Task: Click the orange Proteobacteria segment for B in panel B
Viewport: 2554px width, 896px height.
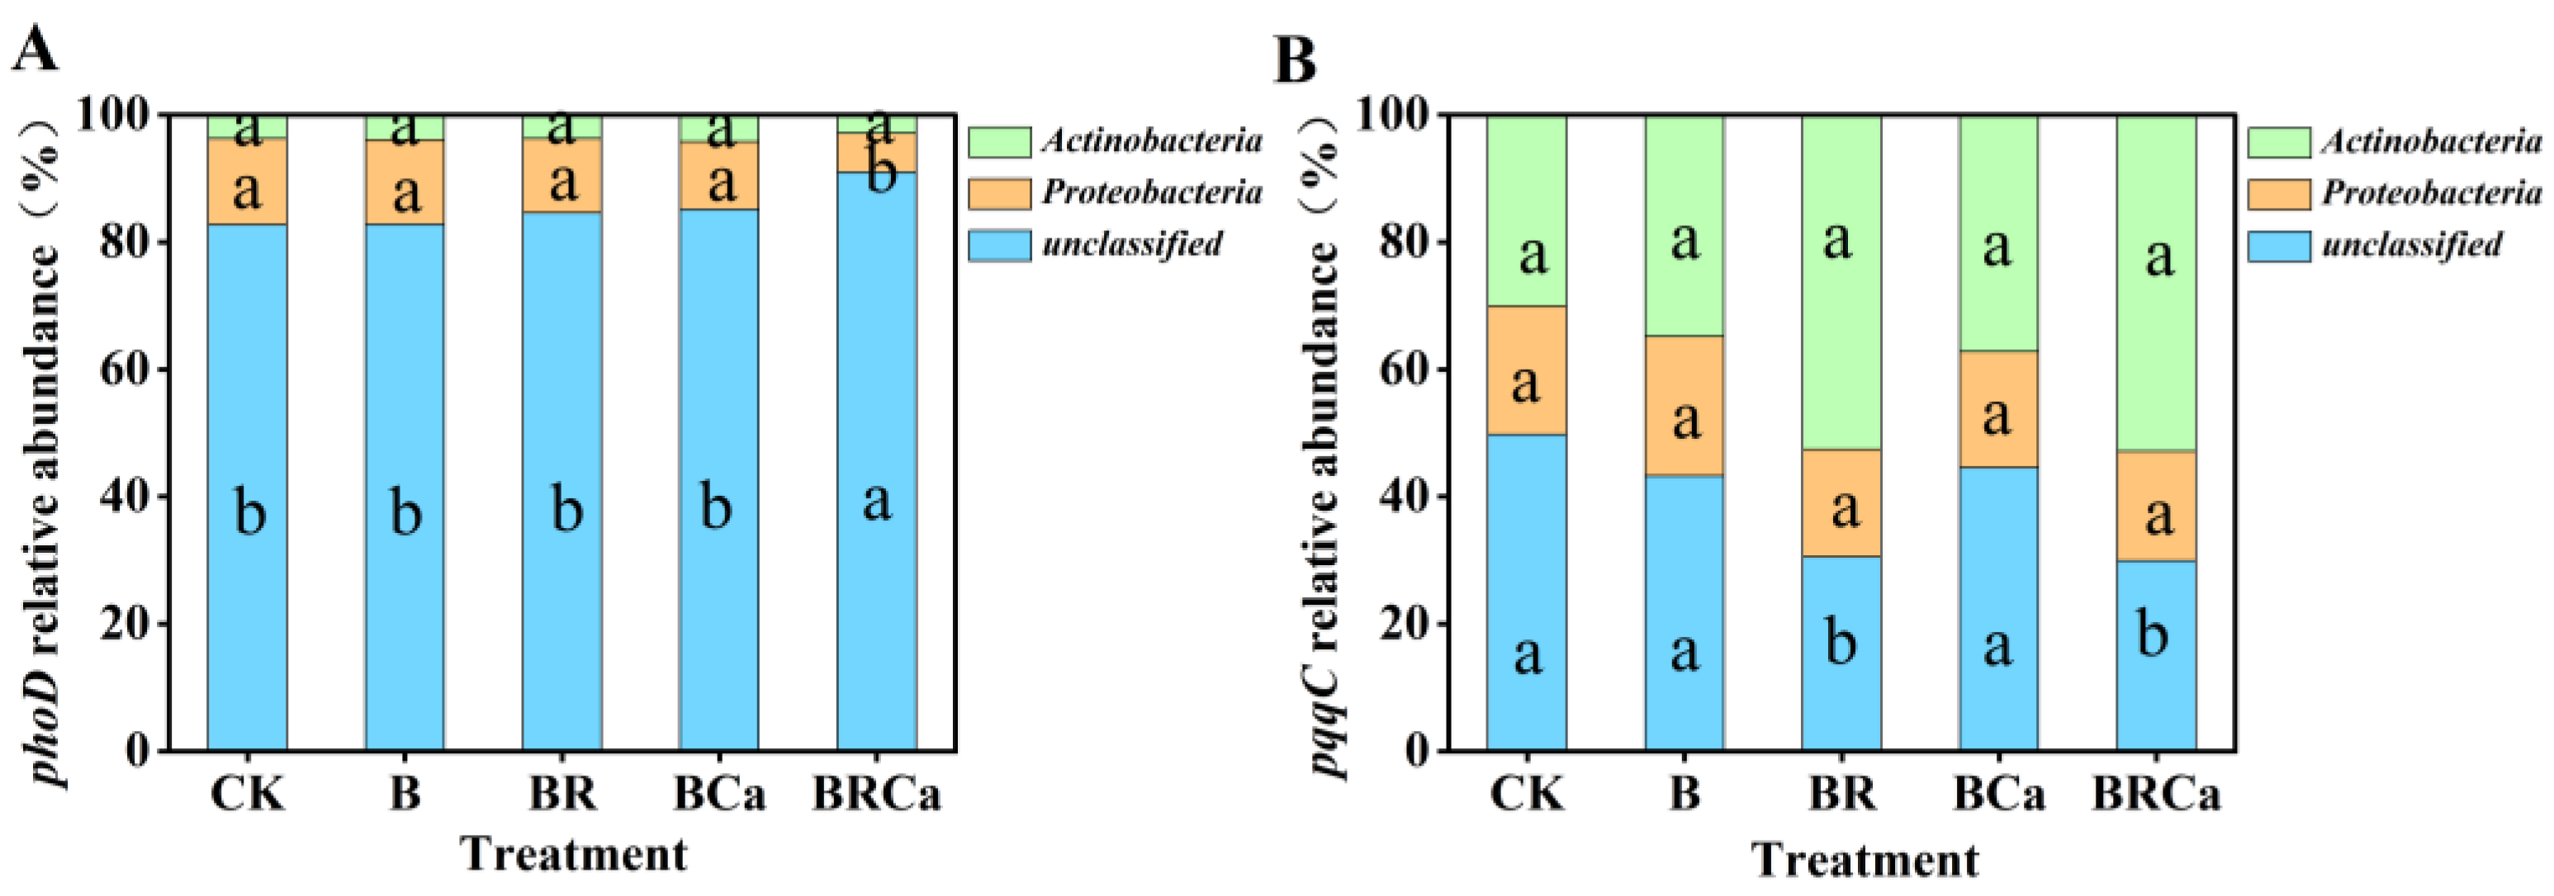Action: click(x=1684, y=407)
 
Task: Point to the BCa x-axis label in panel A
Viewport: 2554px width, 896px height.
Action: click(x=720, y=795)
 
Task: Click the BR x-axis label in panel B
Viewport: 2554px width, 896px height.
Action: click(x=1841, y=795)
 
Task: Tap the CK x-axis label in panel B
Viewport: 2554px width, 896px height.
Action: click(x=1527, y=795)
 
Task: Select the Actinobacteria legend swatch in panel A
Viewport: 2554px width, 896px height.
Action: click(x=998, y=142)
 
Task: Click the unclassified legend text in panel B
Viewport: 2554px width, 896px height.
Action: click(x=2411, y=245)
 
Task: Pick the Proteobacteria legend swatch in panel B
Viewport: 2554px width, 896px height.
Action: click(x=2278, y=193)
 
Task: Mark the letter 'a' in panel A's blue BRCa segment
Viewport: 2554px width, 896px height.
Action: click(x=876, y=502)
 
